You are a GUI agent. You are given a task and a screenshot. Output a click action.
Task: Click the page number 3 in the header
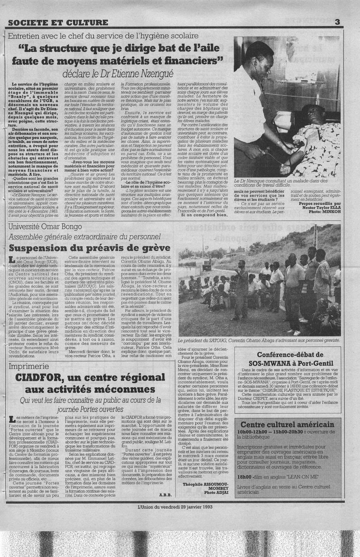pyautogui.click(x=337, y=22)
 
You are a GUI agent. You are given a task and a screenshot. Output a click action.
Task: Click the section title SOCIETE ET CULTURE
pyautogui.click(x=58, y=23)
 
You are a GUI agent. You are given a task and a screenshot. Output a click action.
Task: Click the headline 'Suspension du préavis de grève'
pyautogui.click(x=90, y=248)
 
